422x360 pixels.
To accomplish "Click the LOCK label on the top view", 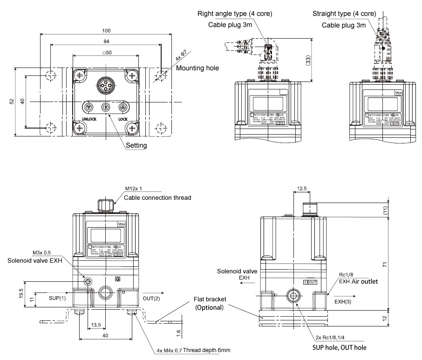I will [x=123, y=119].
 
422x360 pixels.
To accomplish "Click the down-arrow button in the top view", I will [x=88, y=107].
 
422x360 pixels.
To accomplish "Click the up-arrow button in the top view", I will [x=123, y=107].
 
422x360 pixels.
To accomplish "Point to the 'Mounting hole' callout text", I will [x=197, y=68].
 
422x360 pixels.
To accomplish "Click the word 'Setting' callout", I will [x=137, y=145].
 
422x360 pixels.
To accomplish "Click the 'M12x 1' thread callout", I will [x=134, y=189].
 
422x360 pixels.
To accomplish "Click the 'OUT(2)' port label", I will [x=151, y=298].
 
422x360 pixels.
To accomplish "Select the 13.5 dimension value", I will [x=96, y=324].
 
